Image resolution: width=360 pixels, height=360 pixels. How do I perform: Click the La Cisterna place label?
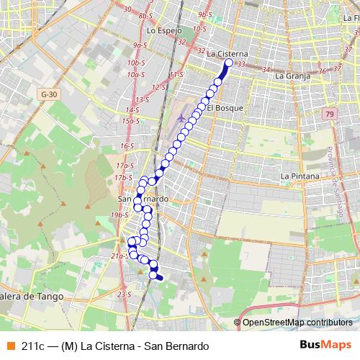(x=227, y=53)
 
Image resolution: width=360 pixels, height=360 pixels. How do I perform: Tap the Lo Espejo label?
(x=161, y=32)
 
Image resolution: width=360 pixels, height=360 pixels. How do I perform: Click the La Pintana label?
(x=299, y=175)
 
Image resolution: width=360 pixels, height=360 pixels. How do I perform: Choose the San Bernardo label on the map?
(x=143, y=199)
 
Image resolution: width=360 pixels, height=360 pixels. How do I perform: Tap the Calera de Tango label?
(x=32, y=296)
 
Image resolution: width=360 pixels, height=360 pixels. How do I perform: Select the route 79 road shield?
(x=329, y=114)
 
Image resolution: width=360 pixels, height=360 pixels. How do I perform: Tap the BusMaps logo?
(x=325, y=345)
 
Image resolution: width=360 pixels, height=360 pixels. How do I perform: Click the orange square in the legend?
(x=10, y=345)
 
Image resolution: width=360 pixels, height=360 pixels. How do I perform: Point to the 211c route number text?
(x=33, y=345)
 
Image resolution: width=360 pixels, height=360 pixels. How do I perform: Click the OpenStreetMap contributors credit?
(x=297, y=322)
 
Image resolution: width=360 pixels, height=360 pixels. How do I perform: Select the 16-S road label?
(x=127, y=145)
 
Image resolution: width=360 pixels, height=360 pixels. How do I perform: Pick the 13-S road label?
(x=141, y=99)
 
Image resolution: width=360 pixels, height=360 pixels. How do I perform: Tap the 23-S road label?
(x=125, y=294)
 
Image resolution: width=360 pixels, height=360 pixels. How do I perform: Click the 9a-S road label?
(x=140, y=45)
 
